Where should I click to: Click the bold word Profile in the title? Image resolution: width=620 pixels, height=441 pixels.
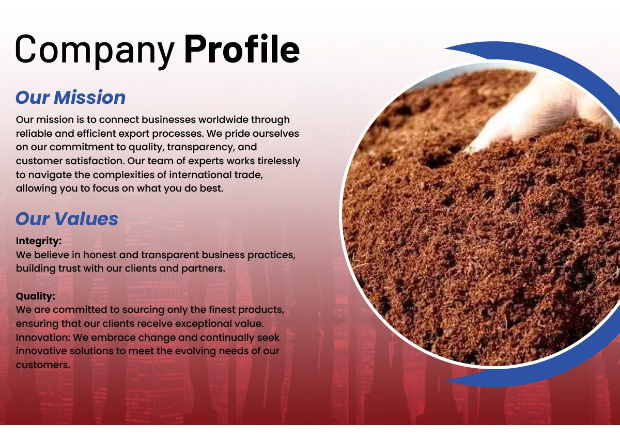tap(242, 49)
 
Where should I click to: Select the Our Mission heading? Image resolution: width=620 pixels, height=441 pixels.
tap(71, 98)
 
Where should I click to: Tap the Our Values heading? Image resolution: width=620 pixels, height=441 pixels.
tap(67, 219)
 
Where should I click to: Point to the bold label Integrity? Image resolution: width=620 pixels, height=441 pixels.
tap(39, 241)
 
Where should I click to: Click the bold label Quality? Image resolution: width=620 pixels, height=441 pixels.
tap(36, 296)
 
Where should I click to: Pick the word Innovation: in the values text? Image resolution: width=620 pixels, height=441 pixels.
tap(43, 338)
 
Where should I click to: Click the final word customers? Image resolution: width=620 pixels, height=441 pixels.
tap(43, 365)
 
